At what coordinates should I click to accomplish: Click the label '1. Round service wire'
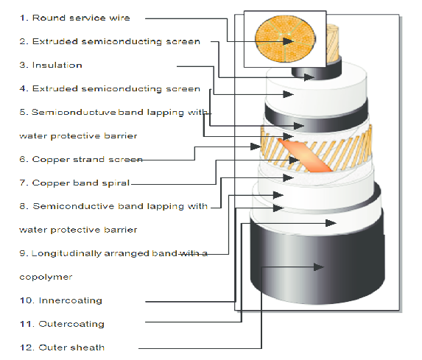tap(75, 18)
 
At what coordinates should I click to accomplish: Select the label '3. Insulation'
tap(51, 65)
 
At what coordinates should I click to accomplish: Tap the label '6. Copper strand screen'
tap(81, 159)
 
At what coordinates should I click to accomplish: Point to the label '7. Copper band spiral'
tap(74, 183)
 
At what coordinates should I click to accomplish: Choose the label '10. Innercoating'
tap(61, 300)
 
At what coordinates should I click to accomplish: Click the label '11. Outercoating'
tap(62, 324)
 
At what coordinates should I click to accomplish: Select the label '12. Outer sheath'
tap(62, 347)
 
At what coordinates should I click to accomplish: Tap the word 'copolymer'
tap(46, 277)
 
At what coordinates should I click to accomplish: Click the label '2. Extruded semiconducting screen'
tap(110, 41)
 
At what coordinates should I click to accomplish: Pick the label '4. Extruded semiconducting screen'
tap(110, 89)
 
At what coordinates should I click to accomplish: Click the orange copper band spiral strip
tap(305, 155)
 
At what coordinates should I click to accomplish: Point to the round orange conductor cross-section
tap(285, 39)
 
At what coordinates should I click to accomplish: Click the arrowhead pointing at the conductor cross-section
tap(288, 41)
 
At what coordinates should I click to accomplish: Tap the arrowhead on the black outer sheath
tap(319, 267)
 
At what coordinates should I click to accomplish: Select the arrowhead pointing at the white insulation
tap(288, 94)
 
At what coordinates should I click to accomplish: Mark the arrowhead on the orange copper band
tap(295, 160)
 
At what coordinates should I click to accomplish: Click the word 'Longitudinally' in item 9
tap(66, 254)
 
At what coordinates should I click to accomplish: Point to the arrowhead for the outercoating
tap(331, 223)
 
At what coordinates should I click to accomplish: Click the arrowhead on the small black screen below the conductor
tap(309, 77)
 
